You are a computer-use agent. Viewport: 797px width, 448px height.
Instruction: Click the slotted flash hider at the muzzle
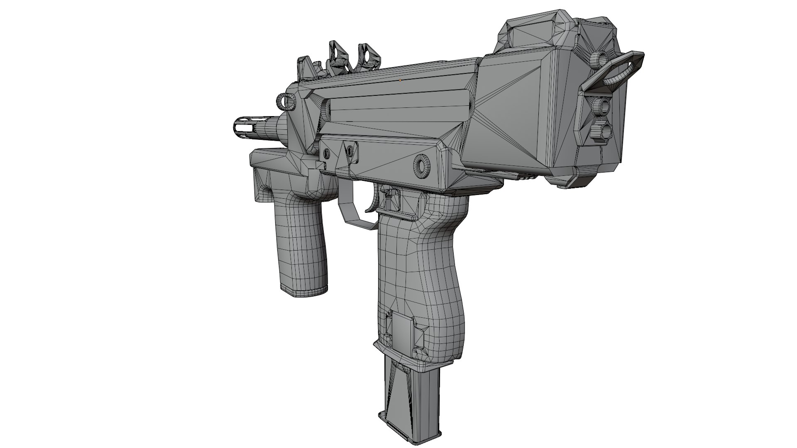tap(243, 125)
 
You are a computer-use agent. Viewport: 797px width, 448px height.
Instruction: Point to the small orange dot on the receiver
tap(400, 80)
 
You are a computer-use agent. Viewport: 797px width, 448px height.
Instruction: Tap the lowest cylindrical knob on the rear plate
tap(601, 131)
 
